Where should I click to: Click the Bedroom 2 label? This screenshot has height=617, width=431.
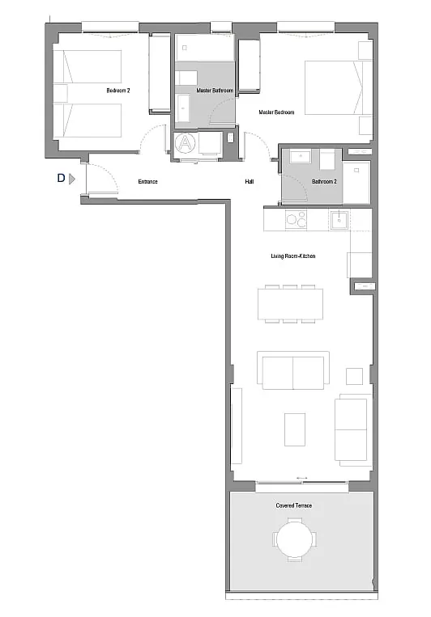(x=118, y=91)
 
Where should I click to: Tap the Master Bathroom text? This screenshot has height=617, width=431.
(x=215, y=91)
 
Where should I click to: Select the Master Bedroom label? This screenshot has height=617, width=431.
(x=276, y=112)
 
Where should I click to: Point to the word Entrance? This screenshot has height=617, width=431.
(x=148, y=181)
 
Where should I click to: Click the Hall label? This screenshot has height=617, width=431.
(x=250, y=181)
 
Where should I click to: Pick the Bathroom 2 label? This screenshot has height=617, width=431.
(x=324, y=181)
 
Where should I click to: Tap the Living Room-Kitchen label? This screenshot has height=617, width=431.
(x=293, y=256)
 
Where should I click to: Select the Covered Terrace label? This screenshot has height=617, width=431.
(x=294, y=505)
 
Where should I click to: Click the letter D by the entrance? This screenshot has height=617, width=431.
(x=61, y=178)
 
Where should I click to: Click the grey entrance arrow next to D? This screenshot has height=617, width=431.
(x=72, y=179)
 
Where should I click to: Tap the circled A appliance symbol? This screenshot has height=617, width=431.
(x=185, y=143)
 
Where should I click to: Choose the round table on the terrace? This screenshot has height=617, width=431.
(x=294, y=539)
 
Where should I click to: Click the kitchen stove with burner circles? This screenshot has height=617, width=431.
(x=297, y=219)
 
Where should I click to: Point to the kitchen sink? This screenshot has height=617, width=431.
(x=339, y=220)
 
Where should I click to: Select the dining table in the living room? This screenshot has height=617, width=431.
(x=290, y=304)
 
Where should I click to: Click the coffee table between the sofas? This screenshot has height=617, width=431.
(x=295, y=429)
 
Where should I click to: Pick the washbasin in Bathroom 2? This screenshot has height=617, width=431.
(x=301, y=156)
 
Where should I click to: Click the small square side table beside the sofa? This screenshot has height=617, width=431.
(x=354, y=377)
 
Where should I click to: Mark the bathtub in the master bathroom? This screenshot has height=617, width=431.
(x=205, y=47)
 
